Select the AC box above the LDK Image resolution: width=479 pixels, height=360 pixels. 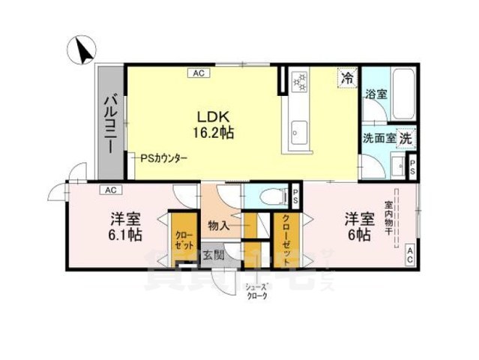pos(198,73)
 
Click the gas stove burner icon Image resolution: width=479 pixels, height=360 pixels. pos(299,79)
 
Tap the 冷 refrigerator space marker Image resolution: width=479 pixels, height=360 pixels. pos(347,76)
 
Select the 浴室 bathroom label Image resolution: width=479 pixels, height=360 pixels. pos(376,95)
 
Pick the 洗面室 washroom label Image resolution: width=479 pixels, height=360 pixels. pos(379,139)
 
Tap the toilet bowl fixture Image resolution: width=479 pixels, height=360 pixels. pos(269,196)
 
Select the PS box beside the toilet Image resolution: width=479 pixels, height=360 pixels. pos(295,197)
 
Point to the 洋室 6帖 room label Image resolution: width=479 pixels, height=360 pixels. pos(358,226)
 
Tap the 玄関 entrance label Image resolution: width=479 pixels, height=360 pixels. pos(213,255)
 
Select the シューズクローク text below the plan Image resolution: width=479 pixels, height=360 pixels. pos(256,289)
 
